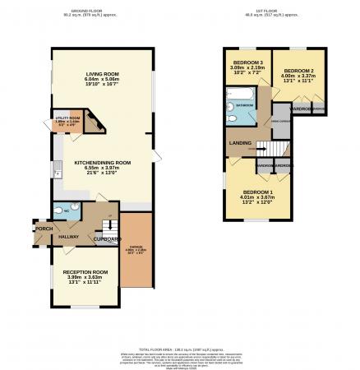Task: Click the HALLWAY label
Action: coord(68,236)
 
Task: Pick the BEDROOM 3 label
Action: coord(247,63)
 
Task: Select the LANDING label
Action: coord(241,144)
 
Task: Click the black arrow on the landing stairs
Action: coord(263,148)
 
